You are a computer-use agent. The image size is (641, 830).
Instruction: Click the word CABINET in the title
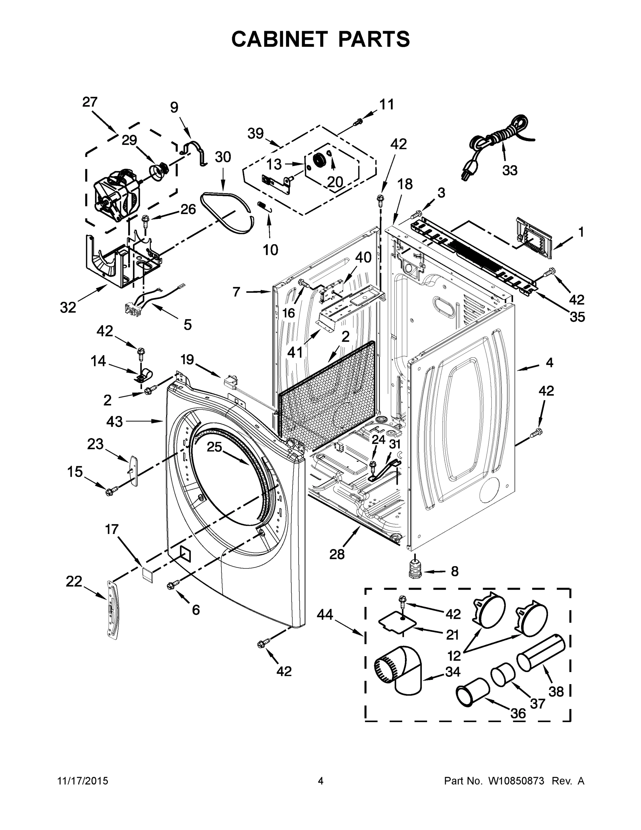279,39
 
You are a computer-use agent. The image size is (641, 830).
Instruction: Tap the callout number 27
90,102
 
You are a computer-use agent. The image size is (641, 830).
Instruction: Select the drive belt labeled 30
226,212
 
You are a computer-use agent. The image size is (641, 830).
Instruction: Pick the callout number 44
325,614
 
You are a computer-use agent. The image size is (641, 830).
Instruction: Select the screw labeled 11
358,122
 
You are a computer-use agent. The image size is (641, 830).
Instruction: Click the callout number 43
114,421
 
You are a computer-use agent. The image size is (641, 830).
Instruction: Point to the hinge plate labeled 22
113,611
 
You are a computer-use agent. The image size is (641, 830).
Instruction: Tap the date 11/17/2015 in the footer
82,781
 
